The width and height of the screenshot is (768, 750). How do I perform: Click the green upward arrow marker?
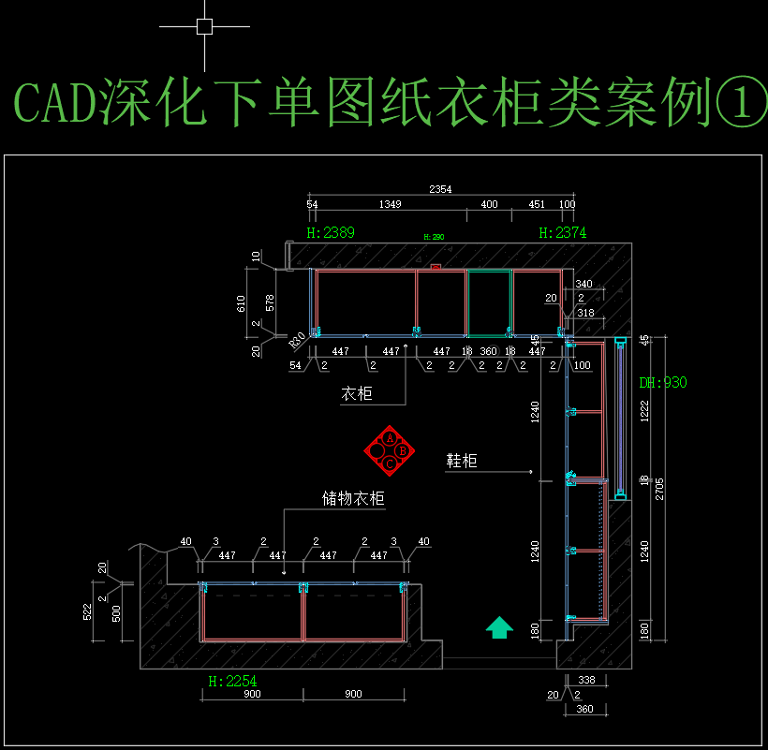click(x=500, y=626)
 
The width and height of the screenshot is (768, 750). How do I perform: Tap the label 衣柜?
click(x=356, y=394)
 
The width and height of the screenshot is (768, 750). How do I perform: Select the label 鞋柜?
click(x=462, y=461)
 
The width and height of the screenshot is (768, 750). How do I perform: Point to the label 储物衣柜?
click(x=353, y=498)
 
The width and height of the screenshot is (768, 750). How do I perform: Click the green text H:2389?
click(x=331, y=233)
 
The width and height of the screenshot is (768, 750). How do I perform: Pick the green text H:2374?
click(x=563, y=233)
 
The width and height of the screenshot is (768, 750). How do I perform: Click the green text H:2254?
click(x=231, y=681)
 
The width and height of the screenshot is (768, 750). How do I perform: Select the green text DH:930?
click(x=663, y=383)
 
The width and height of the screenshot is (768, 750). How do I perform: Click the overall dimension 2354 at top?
click(x=440, y=189)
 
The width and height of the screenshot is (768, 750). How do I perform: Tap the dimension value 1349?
click(x=391, y=204)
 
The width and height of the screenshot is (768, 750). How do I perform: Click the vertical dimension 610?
click(x=241, y=302)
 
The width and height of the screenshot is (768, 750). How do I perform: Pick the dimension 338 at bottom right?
click(x=586, y=680)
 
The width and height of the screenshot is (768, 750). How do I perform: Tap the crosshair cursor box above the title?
click(x=204, y=26)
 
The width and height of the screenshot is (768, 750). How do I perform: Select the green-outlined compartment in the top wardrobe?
click(x=489, y=302)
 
